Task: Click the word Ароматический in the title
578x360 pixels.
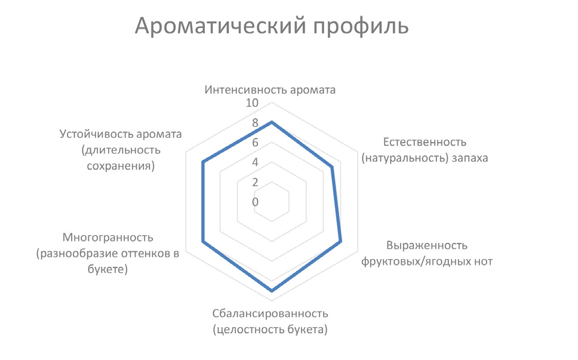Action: (220, 26)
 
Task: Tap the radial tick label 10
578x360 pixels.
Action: (252, 103)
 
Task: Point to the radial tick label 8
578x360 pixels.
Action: (255, 123)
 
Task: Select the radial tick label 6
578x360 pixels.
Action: (255, 143)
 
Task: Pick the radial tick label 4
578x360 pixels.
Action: (255, 162)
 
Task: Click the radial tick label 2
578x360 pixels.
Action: (255, 182)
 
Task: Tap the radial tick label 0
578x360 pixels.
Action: (255, 202)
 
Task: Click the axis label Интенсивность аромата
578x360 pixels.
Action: (270, 90)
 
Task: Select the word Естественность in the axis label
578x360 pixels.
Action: (425, 142)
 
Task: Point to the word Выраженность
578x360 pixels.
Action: (427, 245)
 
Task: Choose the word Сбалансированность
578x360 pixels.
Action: (270, 313)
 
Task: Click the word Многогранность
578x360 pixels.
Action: (107, 237)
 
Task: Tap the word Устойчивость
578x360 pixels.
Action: (97, 134)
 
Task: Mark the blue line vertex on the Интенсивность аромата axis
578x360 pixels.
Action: (272, 122)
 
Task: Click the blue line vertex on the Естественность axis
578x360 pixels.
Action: (332, 168)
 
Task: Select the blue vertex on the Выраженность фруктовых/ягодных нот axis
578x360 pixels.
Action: (340, 242)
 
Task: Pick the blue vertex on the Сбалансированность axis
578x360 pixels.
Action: (272, 291)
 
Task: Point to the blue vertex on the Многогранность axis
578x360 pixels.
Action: (203, 242)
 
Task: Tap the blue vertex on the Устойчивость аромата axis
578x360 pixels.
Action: (203, 162)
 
